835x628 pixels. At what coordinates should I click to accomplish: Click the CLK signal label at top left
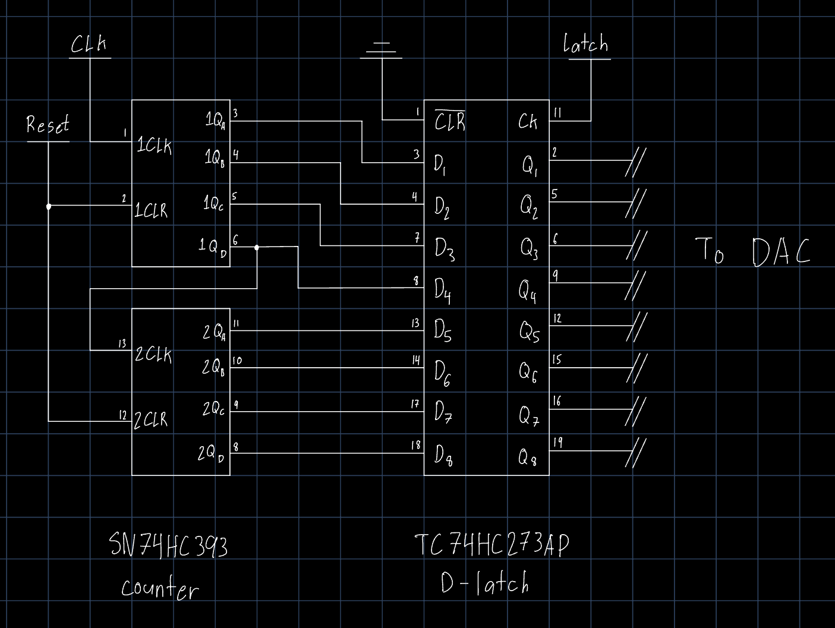click(89, 45)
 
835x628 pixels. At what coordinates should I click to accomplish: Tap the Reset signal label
click(48, 125)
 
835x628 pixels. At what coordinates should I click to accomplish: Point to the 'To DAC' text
click(752, 251)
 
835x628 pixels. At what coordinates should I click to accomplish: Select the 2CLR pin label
click(151, 419)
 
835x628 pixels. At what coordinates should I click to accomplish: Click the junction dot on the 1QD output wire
click(257, 247)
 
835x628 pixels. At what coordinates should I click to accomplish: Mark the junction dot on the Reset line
click(49, 206)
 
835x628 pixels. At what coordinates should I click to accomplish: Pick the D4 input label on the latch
click(442, 291)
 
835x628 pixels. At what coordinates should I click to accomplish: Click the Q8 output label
click(528, 457)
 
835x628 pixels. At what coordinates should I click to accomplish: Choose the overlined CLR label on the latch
click(450, 121)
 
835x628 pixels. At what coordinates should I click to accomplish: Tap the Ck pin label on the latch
click(527, 122)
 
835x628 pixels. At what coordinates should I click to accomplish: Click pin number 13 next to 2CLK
click(122, 343)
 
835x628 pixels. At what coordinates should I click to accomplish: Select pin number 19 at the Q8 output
click(557, 442)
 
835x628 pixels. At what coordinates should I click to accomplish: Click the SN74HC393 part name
click(169, 545)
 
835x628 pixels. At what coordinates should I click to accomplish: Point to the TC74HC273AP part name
click(491, 545)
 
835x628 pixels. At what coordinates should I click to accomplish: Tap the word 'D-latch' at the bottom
click(484, 584)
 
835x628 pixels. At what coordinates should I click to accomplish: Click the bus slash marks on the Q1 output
click(635, 162)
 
